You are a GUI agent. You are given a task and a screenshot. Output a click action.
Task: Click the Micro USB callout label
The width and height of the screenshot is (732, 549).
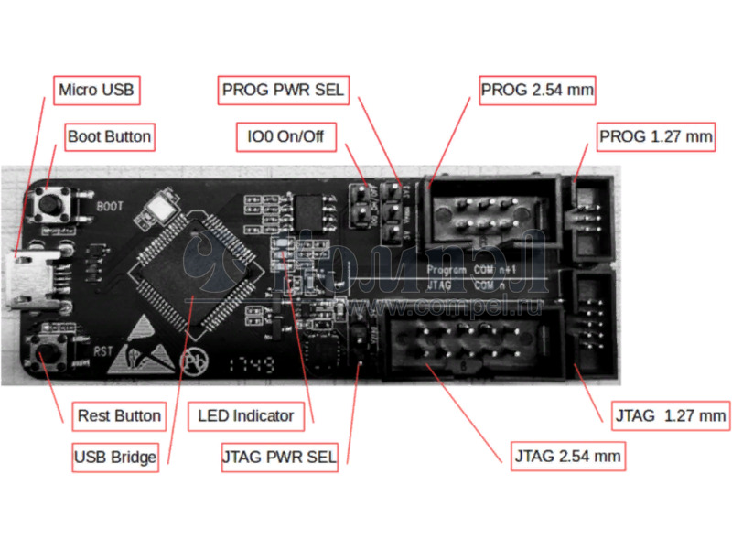(95, 90)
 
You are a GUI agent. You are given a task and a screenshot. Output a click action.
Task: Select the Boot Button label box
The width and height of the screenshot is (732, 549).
(109, 137)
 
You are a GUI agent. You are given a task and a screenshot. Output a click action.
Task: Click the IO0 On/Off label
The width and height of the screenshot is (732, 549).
(286, 138)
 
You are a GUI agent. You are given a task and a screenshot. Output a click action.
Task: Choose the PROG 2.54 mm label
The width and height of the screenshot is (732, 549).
(537, 90)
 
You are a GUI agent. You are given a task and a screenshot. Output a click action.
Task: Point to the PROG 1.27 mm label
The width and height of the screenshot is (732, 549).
(656, 137)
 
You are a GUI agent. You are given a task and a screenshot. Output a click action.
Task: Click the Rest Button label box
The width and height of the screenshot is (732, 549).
(119, 415)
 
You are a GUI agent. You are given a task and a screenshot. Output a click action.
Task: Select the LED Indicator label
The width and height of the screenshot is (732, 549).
(245, 415)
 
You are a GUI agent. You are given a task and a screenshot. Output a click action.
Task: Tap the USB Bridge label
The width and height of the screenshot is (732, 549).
(115, 457)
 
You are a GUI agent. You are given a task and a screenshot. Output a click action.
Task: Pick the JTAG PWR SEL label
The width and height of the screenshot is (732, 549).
(279, 457)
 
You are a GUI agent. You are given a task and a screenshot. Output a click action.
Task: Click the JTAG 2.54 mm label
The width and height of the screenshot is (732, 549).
(567, 456)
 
